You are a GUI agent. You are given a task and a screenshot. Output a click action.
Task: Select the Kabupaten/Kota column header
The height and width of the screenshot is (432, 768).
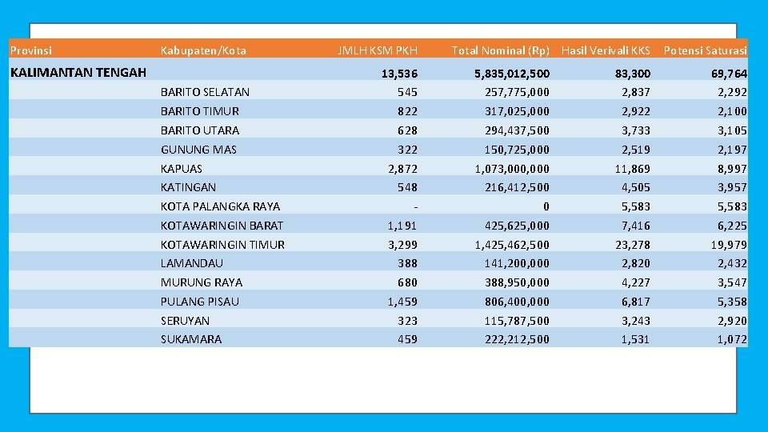pyautogui.click(x=203, y=50)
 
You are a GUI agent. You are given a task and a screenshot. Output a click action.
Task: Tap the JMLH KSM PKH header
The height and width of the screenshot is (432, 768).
pyautogui.click(x=378, y=50)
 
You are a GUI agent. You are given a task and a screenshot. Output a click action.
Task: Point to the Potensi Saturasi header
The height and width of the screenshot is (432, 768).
pyautogui.click(x=705, y=50)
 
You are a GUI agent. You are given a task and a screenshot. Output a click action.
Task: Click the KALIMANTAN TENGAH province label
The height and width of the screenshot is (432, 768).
pyautogui.click(x=78, y=73)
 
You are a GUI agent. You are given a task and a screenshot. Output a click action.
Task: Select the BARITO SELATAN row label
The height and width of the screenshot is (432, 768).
pyautogui.click(x=205, y=92)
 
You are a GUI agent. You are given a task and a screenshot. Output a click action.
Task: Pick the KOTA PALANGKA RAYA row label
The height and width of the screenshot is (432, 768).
pyautogui.click(x=220, y=206)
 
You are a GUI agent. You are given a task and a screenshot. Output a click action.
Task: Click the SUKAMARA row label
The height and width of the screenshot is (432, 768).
pyautogui.click(x=191, y=339)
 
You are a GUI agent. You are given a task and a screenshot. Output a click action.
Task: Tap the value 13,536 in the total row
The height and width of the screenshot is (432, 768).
pyautogui.click(x=399, y=74)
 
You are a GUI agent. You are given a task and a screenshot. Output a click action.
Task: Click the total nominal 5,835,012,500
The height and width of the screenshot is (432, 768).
pyautogui.click(x=511, y=74)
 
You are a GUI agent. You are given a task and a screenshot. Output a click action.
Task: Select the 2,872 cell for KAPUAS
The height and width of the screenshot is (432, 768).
pyautogui.click(x=402, y=169)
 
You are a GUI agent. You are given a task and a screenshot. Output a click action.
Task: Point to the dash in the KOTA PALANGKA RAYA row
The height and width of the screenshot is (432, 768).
pyautogui.click(x=414, y=206)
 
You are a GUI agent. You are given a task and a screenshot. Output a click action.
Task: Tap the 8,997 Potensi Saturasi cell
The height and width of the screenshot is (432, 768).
pyautogui.click(x=731, y=169)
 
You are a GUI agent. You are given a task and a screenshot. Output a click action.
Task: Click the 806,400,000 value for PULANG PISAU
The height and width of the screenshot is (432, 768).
pyautogui.click(x=517, y=302)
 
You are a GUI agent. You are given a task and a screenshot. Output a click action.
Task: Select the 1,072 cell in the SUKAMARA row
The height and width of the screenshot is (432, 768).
pyautogui.click(x=731, y=339)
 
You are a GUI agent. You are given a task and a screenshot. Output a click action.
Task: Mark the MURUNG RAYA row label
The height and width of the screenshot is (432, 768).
pyautogui.click(x=202, y=282)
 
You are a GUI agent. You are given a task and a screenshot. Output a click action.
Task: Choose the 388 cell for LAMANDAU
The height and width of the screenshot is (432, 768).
pyautogui.click(x=407, y=263)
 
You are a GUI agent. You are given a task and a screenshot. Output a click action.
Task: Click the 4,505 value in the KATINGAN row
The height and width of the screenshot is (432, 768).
pyautogui.click(x=634, y=187)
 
